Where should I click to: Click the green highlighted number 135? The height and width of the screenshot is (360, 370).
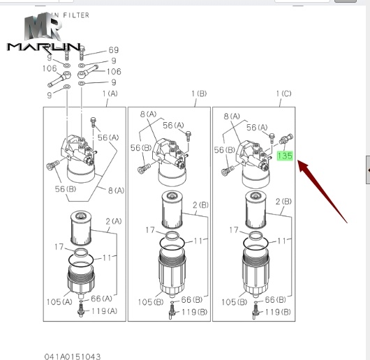[x=284, y=157]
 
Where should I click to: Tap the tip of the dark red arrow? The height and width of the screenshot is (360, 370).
[x=298, y=163]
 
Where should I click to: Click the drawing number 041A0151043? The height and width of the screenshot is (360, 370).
[x=73, y=357]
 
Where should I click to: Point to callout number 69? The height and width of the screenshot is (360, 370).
[x=113, y=51]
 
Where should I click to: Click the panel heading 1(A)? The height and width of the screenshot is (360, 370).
[x=110, y=93]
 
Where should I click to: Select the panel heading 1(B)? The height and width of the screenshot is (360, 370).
[x=198, y=93]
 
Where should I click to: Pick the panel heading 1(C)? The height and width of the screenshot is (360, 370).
[x=284, y=93]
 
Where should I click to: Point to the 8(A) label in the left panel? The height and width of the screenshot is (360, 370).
[x=115, y=190]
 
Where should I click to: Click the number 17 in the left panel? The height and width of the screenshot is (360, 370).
[x=59, y=248]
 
